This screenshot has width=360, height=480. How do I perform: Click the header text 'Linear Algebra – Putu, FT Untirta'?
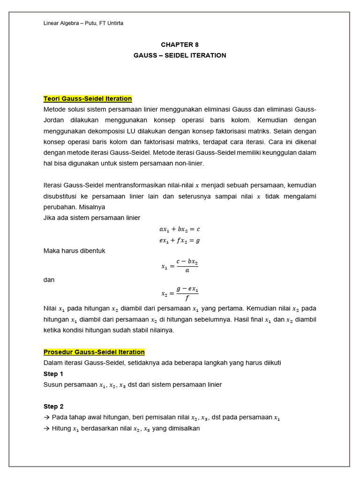pyautogui.click(x=83, y=23)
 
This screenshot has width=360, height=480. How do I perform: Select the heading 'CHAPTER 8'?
pyautogui.click(x=180, y=45)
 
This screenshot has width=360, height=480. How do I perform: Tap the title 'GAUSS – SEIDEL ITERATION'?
pyautogui.click(x=180, y=55)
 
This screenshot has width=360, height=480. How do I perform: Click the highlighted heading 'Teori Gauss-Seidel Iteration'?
pyautogui.click(x=88, y=99)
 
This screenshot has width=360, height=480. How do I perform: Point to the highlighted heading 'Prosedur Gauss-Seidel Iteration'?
pyautogui.click(x=94, y=352)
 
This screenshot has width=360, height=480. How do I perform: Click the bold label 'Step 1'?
pyautogui.click(x=53, y=374)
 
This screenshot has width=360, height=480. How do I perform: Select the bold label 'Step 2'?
pyautogui.click(x=53, y=406)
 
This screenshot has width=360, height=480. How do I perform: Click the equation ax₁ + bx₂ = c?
pyautogui.click(x=180, y=229)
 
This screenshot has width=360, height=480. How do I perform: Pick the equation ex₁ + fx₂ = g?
pyautogui.click(x=180, y=240)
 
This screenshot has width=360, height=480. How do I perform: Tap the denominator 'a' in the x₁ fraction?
pyautogui.click(x=187, y=270)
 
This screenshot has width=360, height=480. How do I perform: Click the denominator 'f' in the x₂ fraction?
pyautogui.click(x=187, y=298)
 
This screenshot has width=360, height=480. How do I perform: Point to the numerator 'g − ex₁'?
pyautogui.click(x=187, y=289)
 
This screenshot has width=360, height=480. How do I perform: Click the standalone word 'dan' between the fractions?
pyautogui.click(x=49, y=280)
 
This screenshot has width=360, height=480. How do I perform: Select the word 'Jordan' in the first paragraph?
pyautogui.click(x=53, y=120)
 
